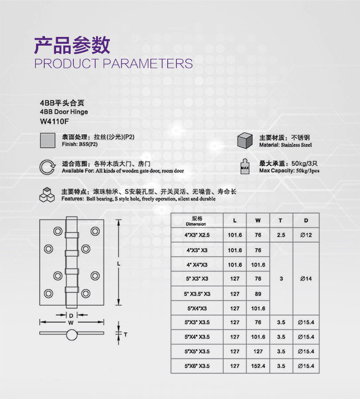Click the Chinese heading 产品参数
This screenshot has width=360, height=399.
72,46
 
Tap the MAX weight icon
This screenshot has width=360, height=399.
245,167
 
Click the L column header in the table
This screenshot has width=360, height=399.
235,221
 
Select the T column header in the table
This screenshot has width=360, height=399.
281,221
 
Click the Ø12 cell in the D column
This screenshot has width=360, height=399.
305,235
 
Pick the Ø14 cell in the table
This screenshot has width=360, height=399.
305,279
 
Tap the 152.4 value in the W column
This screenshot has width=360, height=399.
258,366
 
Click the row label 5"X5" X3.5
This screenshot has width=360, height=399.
197,352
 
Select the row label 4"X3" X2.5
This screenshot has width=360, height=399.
197,235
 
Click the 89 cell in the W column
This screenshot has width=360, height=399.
258,294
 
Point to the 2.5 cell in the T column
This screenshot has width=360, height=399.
281,235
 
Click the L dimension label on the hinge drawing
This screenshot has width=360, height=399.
118,263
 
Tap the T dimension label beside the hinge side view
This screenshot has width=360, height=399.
125,335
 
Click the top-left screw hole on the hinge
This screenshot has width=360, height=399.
57,231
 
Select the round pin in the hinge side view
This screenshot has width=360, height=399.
71,335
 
